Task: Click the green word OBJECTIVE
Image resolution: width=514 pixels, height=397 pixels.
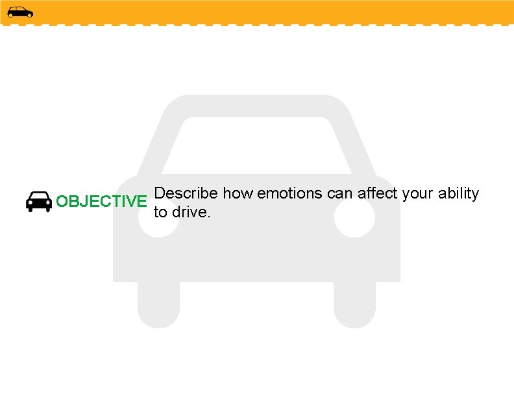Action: [x=102, y=202]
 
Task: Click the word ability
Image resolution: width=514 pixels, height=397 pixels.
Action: [x=459, y=194]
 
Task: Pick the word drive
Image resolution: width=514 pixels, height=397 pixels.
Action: [x=190, y=212]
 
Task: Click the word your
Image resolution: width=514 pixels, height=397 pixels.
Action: [x=419, y=194]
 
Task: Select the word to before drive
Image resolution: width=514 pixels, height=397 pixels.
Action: [x=160, y=212]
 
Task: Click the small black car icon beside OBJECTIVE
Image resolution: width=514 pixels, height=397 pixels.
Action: [x=39, y=202]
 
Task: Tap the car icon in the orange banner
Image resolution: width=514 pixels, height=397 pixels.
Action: [x=20, y=12]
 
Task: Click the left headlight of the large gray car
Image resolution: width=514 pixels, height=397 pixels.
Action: [x=158, y=218]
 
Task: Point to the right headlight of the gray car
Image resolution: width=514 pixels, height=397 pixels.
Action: [x=354, y=218]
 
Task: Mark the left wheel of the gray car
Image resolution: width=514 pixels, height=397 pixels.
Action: [x=158, y=305]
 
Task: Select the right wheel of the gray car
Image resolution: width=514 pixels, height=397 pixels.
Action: [x=354, y=305]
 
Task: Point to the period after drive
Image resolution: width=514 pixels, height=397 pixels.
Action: [x=208, y=216]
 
